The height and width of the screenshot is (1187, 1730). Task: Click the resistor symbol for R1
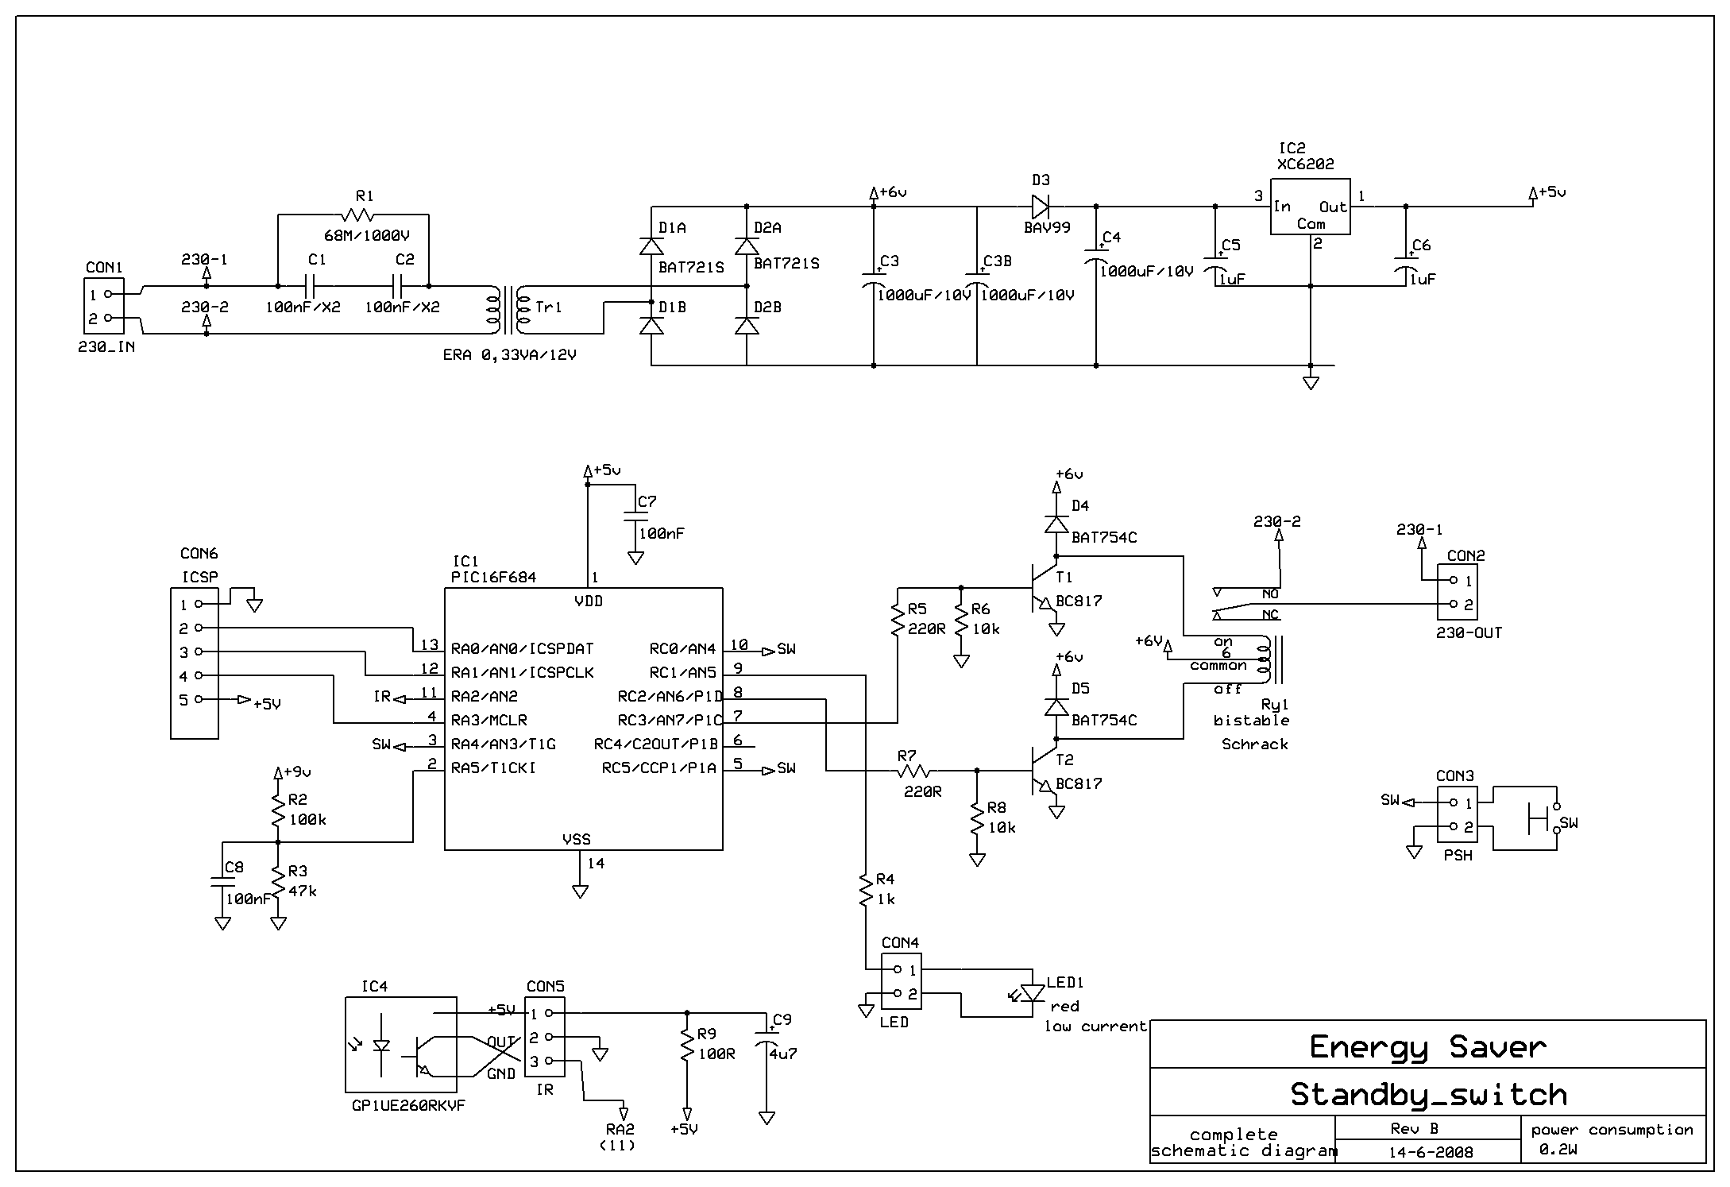click(357, 215)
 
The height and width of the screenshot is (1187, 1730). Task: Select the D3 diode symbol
click(1041, 207)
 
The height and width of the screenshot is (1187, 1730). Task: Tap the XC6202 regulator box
click(1311, 207)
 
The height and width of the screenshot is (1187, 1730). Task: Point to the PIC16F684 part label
click(493, 578)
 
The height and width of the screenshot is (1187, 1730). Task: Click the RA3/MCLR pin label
click(489, 721)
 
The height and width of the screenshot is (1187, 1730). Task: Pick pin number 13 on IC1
click(430, 645)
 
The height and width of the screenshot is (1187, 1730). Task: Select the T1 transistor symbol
click(1045, 588)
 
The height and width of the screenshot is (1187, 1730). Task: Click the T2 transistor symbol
click(1045, 771)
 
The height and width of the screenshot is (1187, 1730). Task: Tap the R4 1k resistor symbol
click(866, 890)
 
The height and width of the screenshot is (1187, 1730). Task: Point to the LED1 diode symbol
click(1031, 993)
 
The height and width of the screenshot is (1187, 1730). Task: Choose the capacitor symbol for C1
click(310, 286)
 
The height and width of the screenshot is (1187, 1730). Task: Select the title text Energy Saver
click(1427, 1047)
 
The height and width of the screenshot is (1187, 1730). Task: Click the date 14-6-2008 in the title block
click(1430, 1152)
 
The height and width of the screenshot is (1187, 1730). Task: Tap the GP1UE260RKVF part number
click(408, 1106)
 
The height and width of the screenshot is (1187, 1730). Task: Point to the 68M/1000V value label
click(367, 236)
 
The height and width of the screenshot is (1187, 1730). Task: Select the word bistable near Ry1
click(1251, 721)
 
